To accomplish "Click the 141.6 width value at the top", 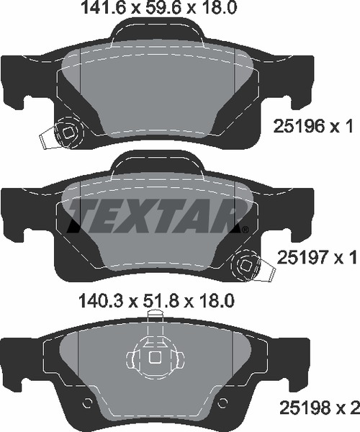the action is pos(102,8).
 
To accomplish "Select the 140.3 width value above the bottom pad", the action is pos(101,300).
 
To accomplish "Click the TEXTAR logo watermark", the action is pos(157,215).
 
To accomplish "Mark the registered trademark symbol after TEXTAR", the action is pos(245,229).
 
